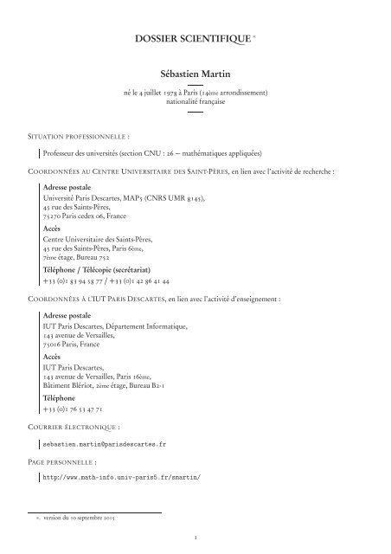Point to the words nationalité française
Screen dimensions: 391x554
(x=195, y=103)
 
